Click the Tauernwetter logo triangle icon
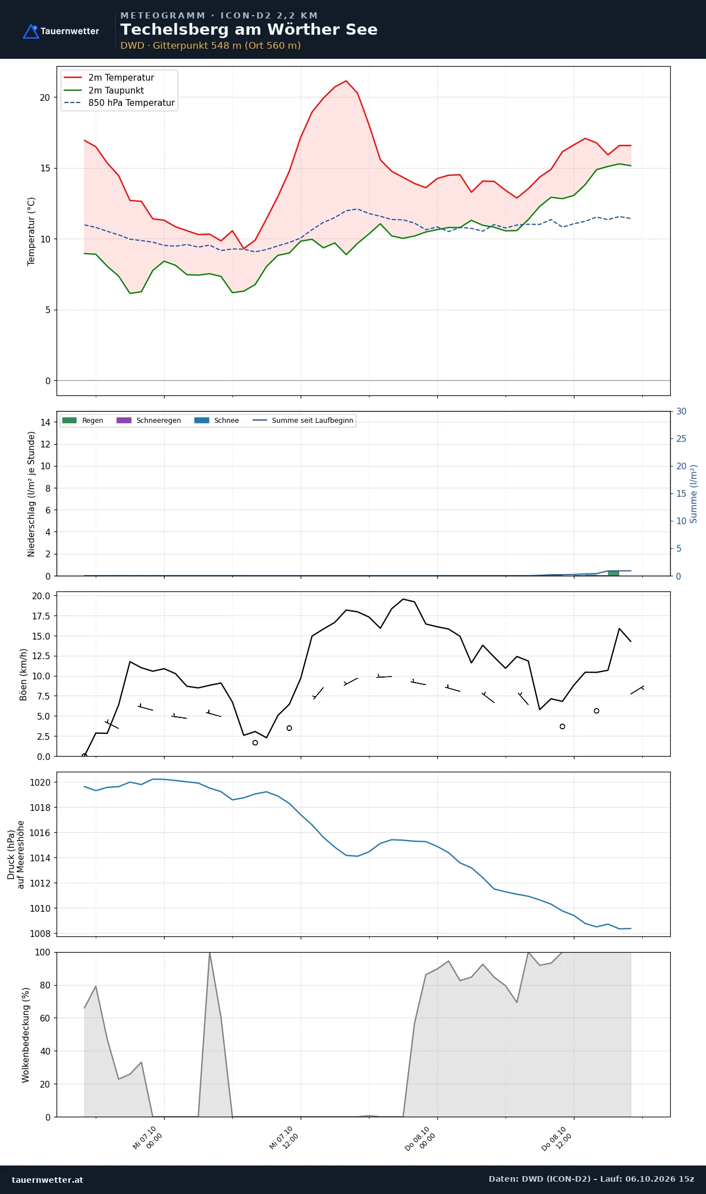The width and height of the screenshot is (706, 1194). pyautogui.click(x=31, y=31)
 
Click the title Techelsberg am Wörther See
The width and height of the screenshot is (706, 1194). pyautogui.click(x=249, y=30)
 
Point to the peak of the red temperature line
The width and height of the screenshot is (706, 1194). pyautogui.click(x=346, y=81)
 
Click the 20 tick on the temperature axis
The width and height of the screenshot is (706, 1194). pyautogui.click(x=45, y=97)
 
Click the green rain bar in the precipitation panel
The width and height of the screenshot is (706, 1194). pyautogui.click(x=614, y=573)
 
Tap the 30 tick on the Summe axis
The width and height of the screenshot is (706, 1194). pyautogui.click(x=681, y=411)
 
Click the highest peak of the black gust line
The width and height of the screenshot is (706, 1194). pyautogui.click(x=403, y=599)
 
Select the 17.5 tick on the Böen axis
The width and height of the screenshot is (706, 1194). pyautogui.click(x=41, y=616)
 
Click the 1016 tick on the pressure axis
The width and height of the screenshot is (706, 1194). pyautogui.click(x=40, y=833)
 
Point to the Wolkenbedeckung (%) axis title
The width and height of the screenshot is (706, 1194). pyautogui.click(x=26, y=1035)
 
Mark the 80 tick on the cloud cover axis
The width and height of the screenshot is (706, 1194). pyautogui.click(x=45, y=985)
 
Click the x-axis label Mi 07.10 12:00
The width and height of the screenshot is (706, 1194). pyautogui.click(x=284, y=1138)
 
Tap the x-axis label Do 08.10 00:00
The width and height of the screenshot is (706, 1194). pyautogui.click(x=420, y=1138)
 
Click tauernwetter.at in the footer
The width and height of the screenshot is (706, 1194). pyautogui.click(x=48, y=1180)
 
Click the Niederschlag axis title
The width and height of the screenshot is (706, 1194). pyautogui.click(x=31, y=494)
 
